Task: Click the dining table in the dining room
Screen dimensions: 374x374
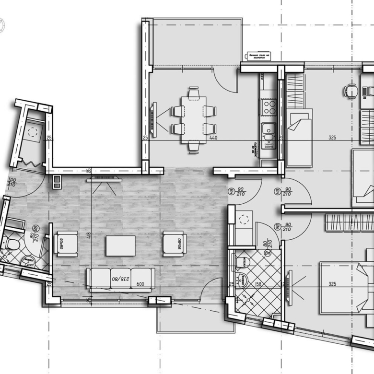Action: coord(194,119)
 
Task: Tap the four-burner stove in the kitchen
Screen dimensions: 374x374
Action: coord(268,106)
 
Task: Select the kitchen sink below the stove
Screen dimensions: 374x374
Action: coord(268,128)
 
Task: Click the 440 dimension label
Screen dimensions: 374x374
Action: coord(213,138)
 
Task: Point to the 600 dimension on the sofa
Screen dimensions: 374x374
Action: coord(140,284)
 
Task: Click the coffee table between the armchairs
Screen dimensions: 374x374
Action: coord(121,245)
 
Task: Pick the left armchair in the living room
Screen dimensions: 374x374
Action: coord(67,243)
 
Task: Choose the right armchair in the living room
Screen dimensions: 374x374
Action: coord(173,243)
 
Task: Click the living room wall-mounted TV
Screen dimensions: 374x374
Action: coord(105,180)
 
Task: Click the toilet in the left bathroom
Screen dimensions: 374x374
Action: coord(12,245)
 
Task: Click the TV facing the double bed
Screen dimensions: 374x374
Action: coord(289,286)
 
